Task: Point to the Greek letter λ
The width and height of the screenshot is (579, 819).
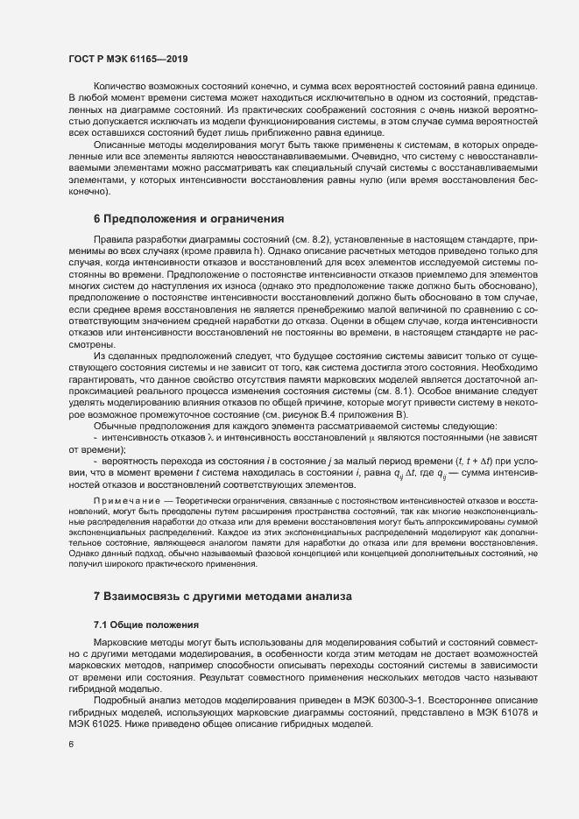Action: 208,435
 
